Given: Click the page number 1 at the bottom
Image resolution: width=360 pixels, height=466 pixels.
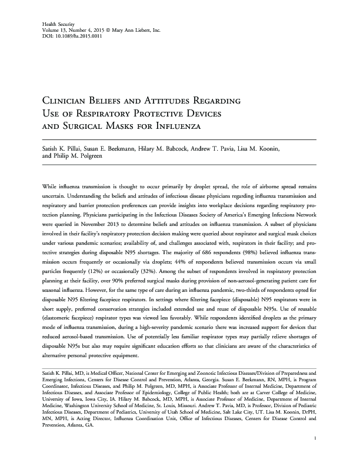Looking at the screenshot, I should point(316,438).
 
